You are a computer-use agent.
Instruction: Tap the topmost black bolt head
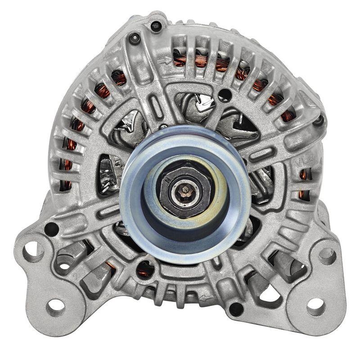156,25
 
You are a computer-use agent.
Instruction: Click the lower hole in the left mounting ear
56,307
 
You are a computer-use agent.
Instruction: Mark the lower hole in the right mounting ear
315,306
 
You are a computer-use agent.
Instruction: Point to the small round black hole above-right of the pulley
227,94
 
